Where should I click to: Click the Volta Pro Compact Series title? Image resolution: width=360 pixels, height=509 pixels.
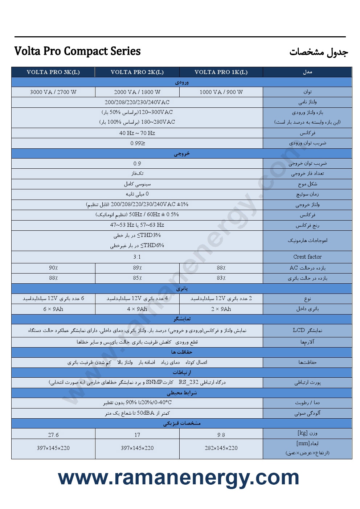[77, 51]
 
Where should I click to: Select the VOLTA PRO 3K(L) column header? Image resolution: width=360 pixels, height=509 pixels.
[53, 72]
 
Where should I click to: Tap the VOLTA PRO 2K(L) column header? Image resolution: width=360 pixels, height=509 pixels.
[137, 72]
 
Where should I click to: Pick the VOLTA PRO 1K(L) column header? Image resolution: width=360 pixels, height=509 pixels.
[221, 72]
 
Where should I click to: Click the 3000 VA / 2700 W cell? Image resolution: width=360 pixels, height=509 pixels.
[53, 92]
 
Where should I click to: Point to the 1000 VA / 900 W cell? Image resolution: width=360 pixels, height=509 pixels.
[221, 92]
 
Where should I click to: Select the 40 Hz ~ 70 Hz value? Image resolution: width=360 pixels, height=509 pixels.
[137, 133]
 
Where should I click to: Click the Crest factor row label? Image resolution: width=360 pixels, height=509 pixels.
[307, 257]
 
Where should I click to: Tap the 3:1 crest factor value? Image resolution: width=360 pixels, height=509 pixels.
[137, 257]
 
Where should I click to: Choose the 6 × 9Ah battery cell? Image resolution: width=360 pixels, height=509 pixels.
[53, 309]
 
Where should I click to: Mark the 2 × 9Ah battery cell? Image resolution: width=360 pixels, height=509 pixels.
[221, 309]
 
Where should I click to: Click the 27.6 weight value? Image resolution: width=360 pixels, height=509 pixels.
[53, 435]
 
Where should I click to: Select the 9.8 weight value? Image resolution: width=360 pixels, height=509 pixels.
[221, 435]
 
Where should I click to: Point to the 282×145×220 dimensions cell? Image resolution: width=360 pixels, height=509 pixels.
[221, 448]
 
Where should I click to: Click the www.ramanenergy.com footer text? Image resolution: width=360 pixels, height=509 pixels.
[179, 477]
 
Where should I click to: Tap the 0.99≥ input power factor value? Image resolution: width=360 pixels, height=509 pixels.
[138, 143]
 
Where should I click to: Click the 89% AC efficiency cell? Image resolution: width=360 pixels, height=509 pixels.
[137, 268]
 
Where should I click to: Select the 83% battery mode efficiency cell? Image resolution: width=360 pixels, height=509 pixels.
[221, 278]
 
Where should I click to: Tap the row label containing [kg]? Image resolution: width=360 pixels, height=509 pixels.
[307, 433]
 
